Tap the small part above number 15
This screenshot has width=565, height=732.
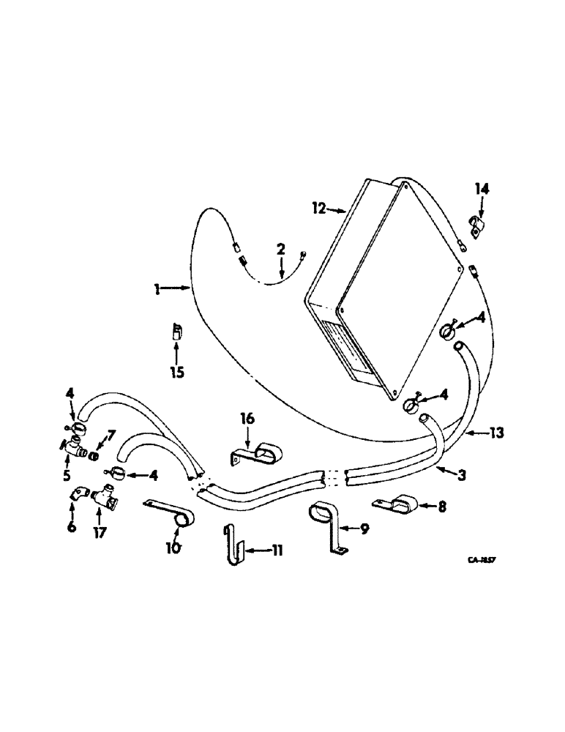(176, 332)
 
